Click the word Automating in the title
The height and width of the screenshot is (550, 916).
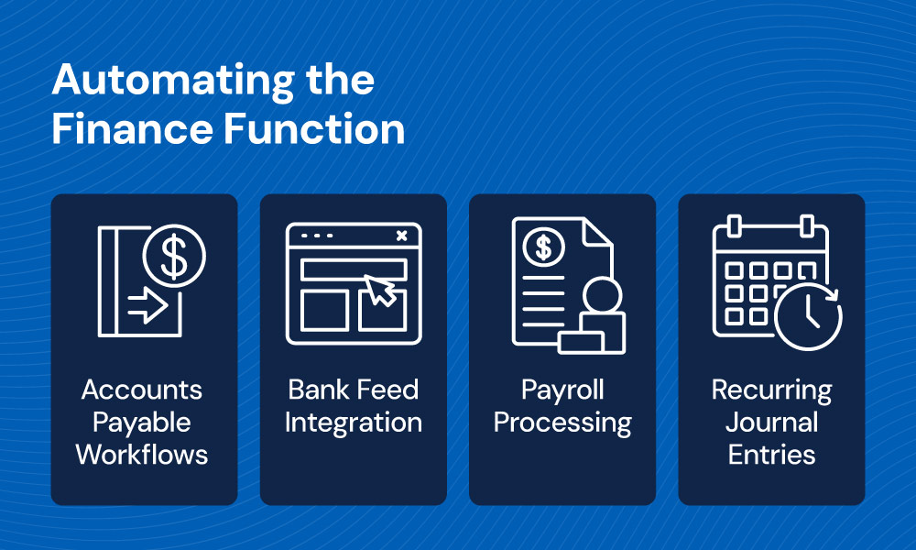pos(173,82)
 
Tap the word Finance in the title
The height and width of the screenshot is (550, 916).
pos(133,129)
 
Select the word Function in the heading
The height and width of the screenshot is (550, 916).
pos(314,129)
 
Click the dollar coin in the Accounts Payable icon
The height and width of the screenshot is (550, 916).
pos(174,256)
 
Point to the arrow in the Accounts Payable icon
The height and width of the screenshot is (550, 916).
pos(147,305)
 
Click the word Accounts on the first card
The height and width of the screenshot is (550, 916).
pos(142,390)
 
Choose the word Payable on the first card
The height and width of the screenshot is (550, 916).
pos(142,423)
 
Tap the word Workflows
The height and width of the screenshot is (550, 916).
pos(142,455)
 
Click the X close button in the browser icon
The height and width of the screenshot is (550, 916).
pos(402,236)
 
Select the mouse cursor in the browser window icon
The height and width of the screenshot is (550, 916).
pos(380,290)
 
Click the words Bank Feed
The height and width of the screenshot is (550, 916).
pos(354,390)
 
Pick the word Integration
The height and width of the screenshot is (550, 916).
pos(354,423)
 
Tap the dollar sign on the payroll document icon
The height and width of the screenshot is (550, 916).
pos(544,247)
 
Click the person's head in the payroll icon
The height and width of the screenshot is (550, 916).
pos(603,296)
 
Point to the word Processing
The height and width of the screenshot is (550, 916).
pos(562,423)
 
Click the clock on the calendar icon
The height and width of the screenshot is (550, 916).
pos(809,317)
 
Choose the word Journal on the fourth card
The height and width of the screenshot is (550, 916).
pos(771,423)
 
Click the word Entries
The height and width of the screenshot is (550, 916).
pos(771,455)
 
